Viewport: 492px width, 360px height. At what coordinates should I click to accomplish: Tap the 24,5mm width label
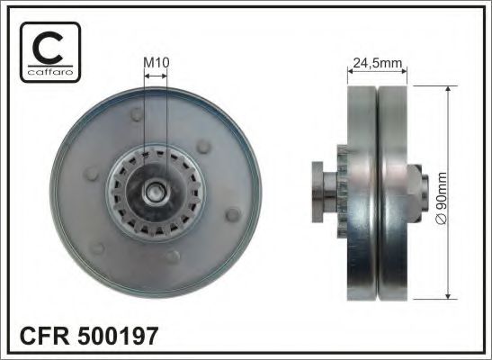[x=378, y=64]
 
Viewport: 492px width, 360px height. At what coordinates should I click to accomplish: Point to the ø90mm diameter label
[x=441, y=191]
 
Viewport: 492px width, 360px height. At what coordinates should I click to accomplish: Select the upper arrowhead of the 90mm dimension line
[x=446, y=89]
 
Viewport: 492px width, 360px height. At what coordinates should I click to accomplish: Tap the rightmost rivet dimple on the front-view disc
[x=233, y=214]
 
